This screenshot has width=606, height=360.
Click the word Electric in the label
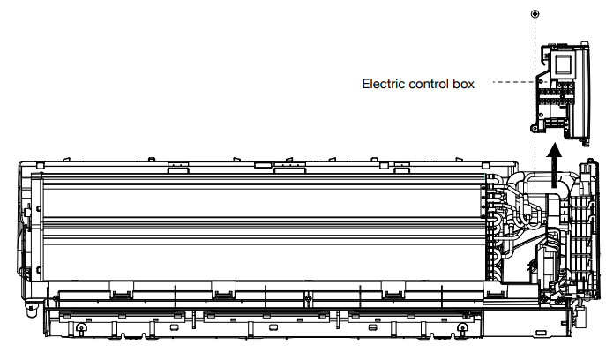(x=384, y=85)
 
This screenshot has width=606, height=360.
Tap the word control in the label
(x=430, y=85)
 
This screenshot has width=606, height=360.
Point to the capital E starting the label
(x=366, y=85)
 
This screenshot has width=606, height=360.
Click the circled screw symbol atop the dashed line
(x=535, y=14)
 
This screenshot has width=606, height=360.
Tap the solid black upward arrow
(x=555, y=167)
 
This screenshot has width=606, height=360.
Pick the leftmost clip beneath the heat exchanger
(x=117, y=287)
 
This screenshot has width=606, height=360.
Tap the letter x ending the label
(x=471, y=85)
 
